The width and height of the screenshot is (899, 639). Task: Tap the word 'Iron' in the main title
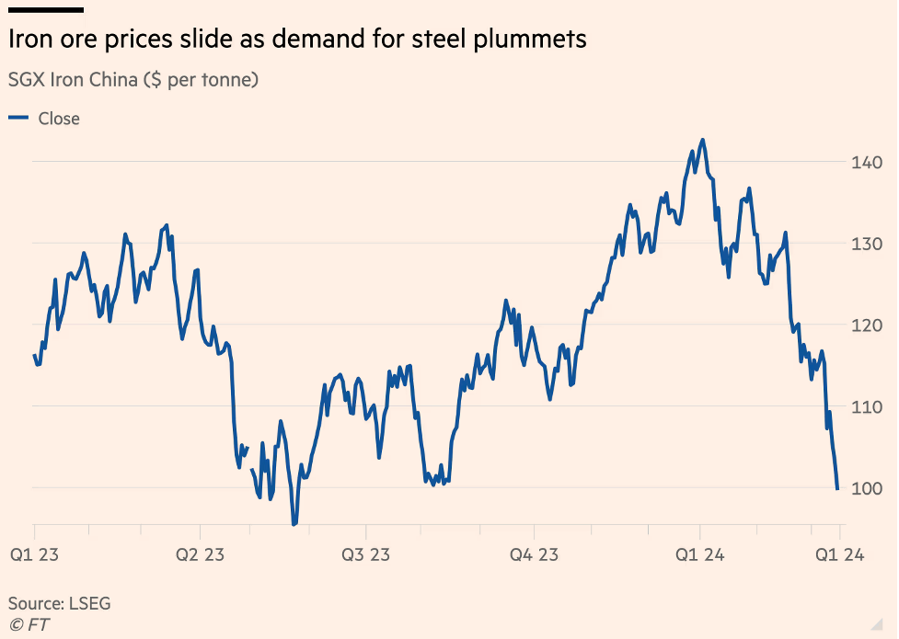point(29,40)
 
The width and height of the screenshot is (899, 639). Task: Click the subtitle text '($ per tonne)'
point(201,80)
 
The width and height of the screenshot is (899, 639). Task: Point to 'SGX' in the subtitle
point(26,80)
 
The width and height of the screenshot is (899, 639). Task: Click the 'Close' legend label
point(59,119)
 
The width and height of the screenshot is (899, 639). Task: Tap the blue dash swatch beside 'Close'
point(17,118)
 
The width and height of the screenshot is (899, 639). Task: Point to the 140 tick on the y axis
point(866,163)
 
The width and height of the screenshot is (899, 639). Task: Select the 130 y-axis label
point(866,244)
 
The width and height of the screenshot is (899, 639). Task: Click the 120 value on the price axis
point(866,325)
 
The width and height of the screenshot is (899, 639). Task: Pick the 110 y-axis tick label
point(866,406)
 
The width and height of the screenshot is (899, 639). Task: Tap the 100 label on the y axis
point(866,488)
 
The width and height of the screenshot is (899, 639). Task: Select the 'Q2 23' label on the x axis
point(200,554)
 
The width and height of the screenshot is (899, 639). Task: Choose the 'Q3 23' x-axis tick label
point(366,554)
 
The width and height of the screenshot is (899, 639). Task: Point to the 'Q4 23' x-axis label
point(535,554)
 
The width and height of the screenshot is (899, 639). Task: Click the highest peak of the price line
point(703,140)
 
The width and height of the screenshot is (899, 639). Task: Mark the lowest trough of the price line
point(294,524)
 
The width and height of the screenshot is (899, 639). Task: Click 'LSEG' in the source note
point(88,604)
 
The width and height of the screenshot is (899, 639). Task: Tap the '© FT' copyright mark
point(29,624)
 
